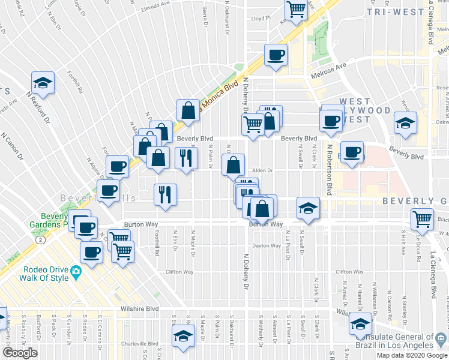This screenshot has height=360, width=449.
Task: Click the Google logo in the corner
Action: pyautogui.click(x=20, y=353)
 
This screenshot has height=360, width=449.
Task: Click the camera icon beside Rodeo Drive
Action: pyautogui.click(x=76, y=272)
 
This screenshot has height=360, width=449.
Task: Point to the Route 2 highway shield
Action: pyautogui.click(x=40, y=239)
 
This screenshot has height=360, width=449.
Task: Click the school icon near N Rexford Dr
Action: pyautogui.click(x=43, y=82)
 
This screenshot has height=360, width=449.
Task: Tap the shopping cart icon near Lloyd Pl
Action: pyautogui.click(x=296, y=10)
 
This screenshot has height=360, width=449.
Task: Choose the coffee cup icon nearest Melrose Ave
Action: pyautogui.click(x=276, y=55)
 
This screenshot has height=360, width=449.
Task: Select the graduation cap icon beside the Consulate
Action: pyautogui.click(x=361, y=325)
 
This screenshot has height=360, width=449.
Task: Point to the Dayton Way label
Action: pyautogui.click(x=267, y=245)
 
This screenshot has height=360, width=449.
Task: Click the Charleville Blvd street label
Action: pyautogui.click(x=137, y=344)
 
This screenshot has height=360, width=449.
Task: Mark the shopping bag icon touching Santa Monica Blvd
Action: pyautogui.click(x=188, y=110)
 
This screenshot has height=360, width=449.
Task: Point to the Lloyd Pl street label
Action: pyautogui.click(x=259, y=19)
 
